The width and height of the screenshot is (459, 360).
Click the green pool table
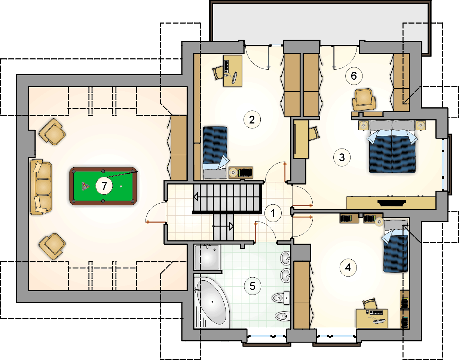coord(103,186)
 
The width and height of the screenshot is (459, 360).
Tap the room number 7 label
coord(104,186)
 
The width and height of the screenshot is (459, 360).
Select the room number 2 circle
coord(252,120)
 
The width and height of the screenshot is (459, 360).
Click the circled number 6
coord(354,76)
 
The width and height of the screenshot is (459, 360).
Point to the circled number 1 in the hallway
coord(273,213)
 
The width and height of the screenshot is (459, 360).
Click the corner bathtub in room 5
coord(212,303)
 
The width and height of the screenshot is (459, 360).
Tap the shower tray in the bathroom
coord(207,257)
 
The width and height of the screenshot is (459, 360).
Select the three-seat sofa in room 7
coord(41,187)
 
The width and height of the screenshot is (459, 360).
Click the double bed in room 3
coord(392,147)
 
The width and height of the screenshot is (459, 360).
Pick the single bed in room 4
coord(395,246)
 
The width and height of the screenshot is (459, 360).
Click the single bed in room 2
coord(215,153)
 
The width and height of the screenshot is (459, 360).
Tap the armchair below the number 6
coord(364,100)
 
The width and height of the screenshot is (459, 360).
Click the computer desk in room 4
coord(372,318)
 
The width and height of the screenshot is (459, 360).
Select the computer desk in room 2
coord(233,71)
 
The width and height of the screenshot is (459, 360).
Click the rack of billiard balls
coord(86,186)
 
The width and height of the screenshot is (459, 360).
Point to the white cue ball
coord(121,186)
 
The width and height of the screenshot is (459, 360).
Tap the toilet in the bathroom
coord(281,298)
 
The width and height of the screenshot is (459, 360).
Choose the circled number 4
coord(348,268)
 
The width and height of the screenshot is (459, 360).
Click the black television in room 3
coord(392,203)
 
